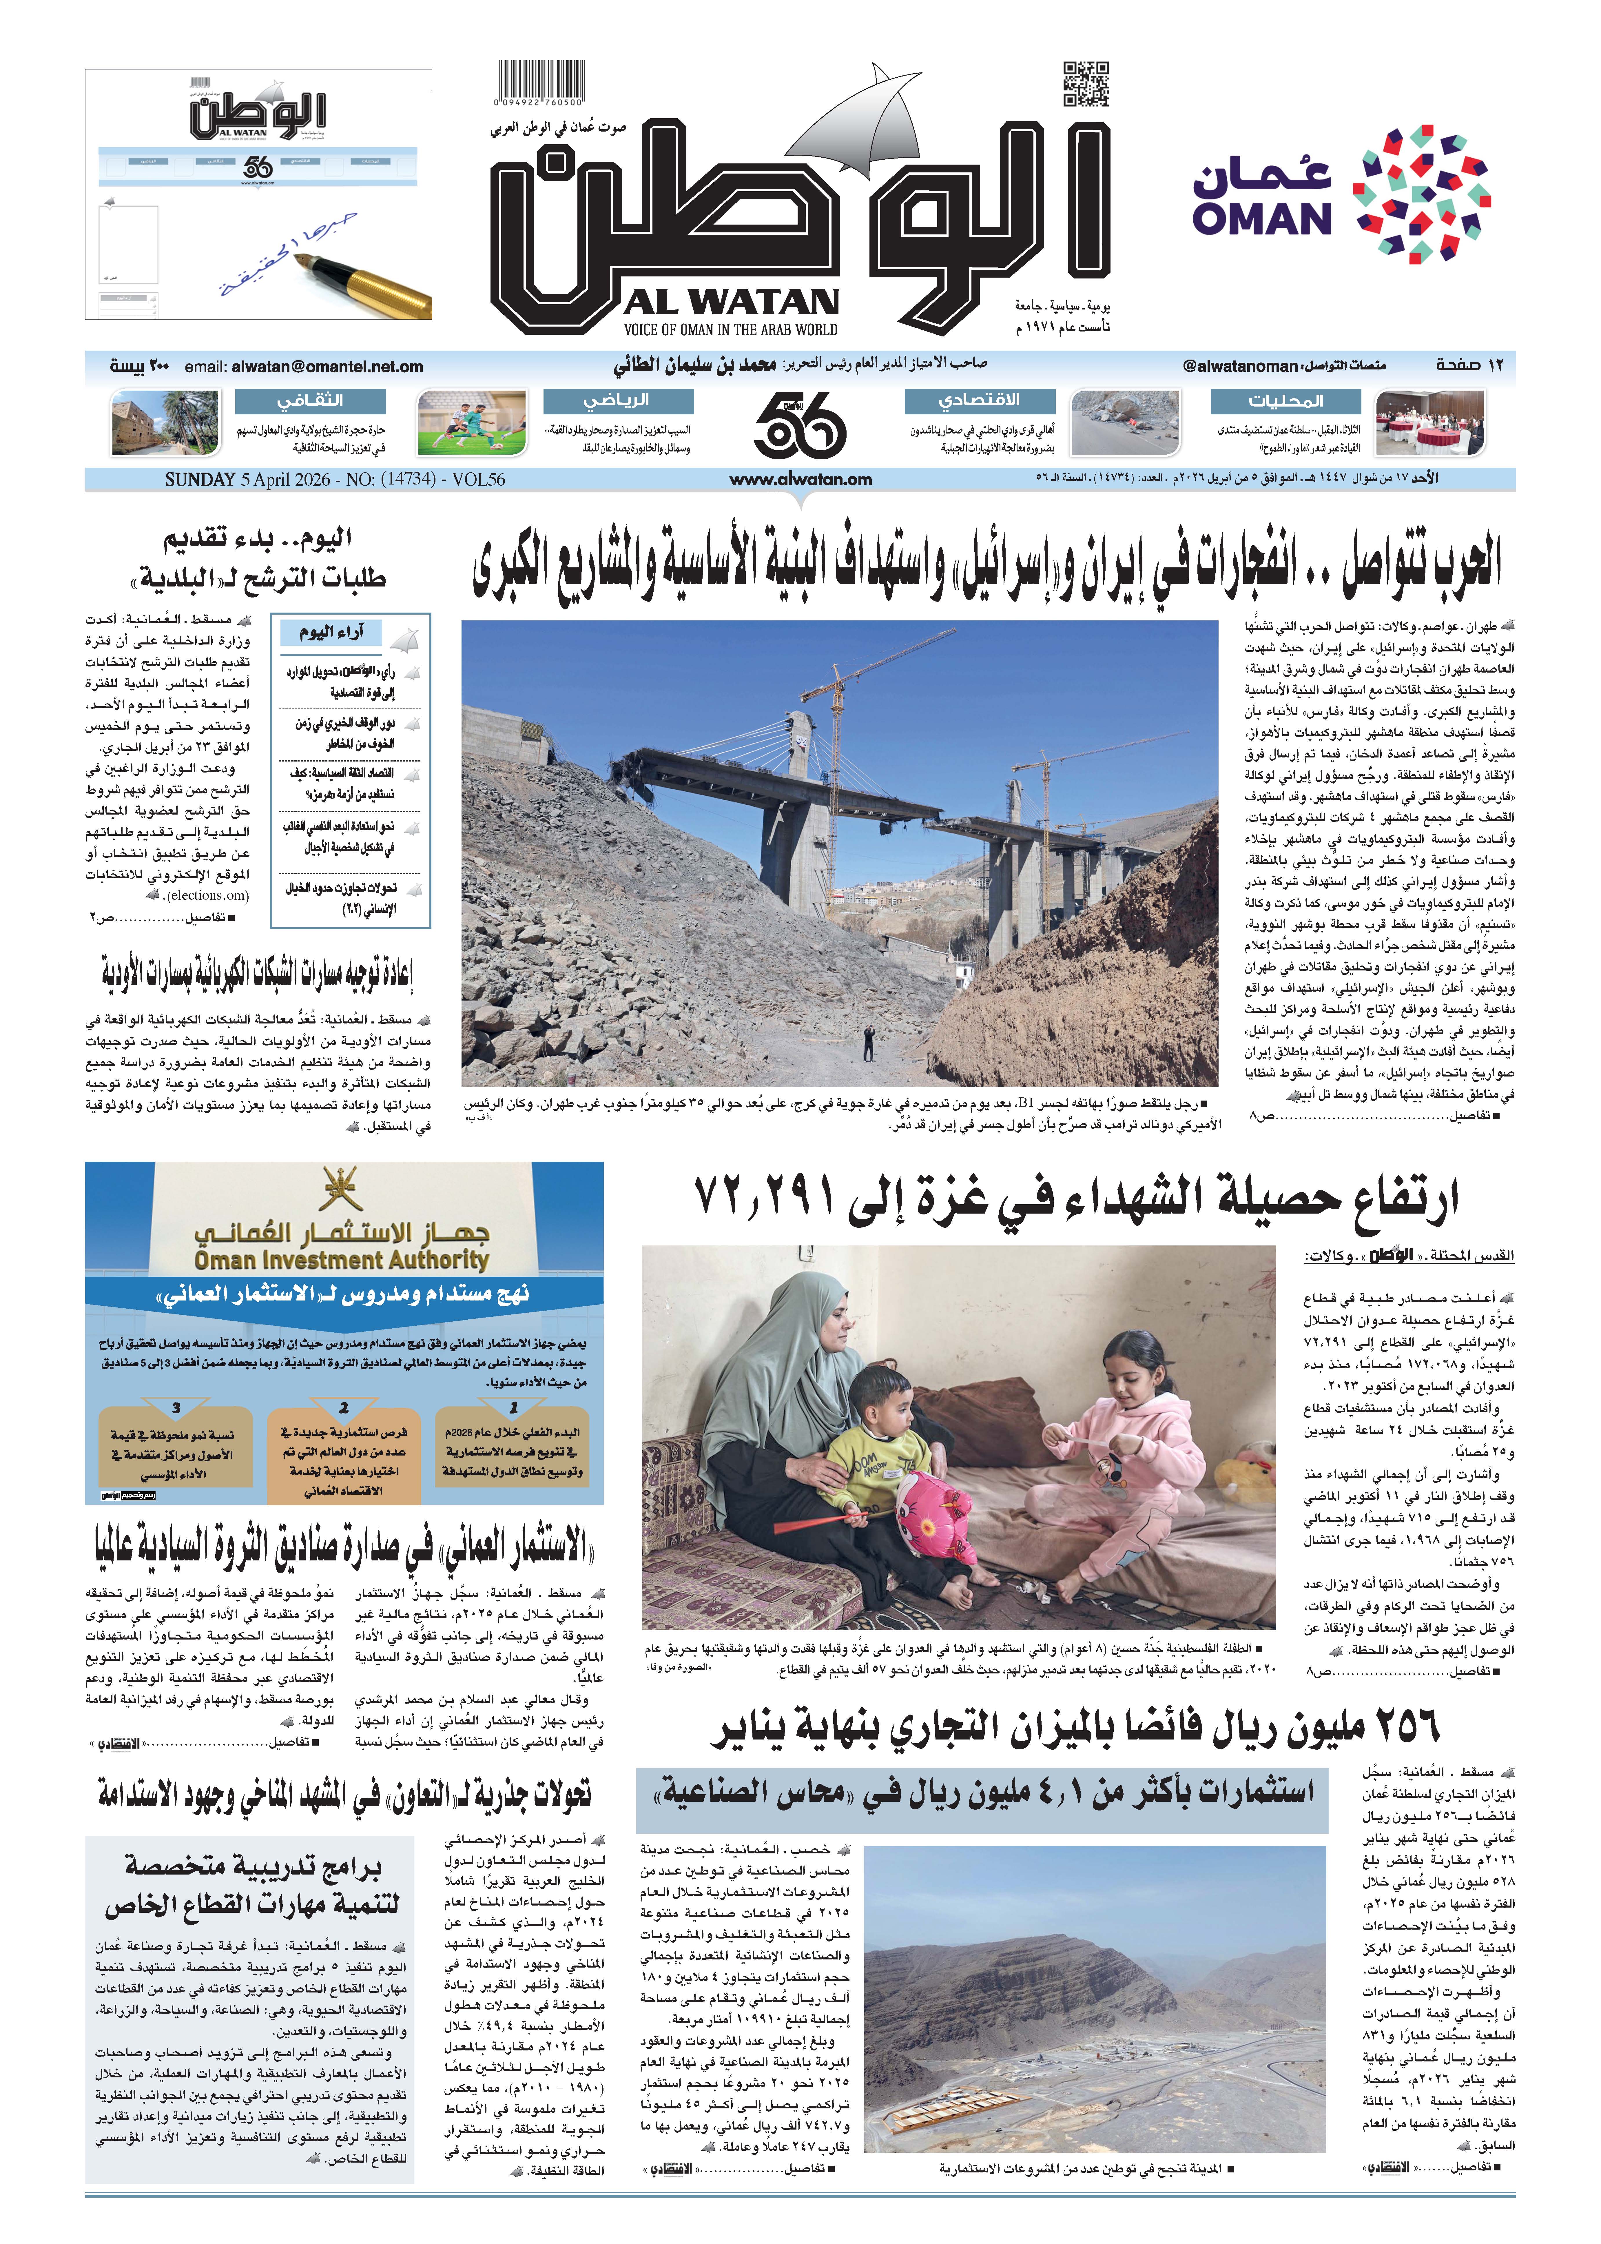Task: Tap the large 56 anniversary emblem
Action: (800, 422)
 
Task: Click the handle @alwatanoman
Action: (1240, 366)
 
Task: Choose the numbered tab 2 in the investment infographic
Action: (344, 1408)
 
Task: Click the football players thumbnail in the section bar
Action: (471, 422)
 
